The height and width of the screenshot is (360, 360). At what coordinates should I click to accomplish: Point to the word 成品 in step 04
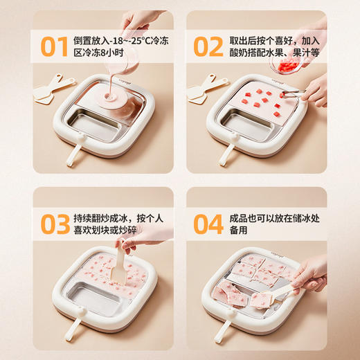(238, 217)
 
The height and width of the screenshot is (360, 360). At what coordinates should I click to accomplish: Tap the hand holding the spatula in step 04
(311, 274)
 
